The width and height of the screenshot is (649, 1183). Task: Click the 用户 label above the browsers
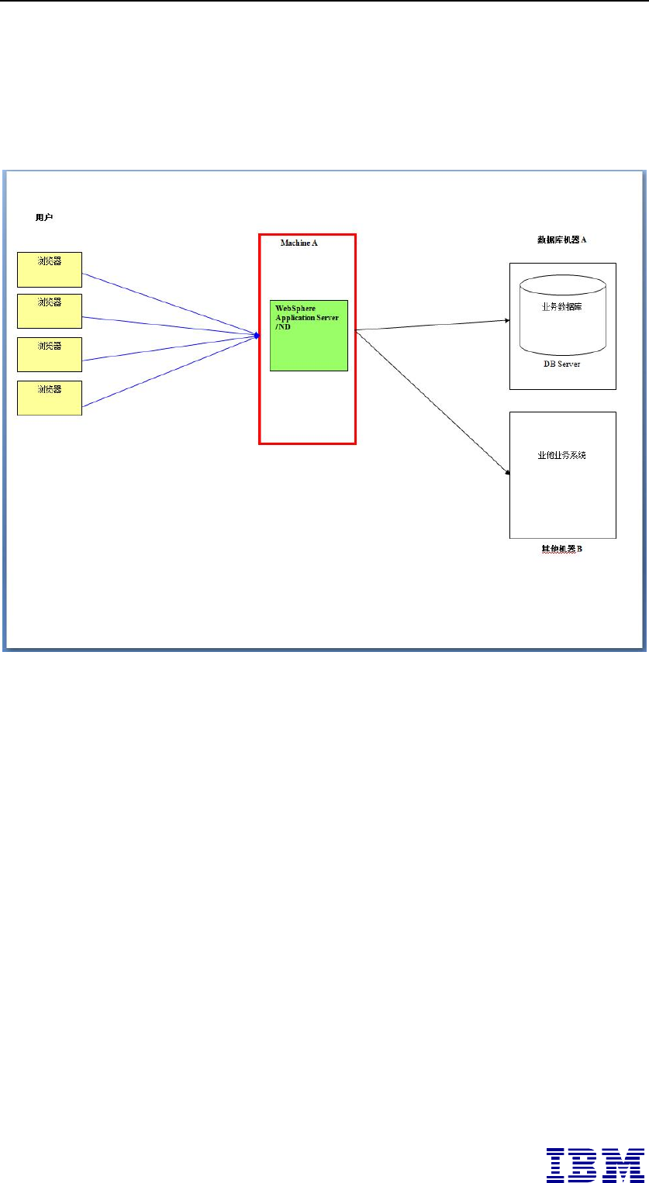point(43,217)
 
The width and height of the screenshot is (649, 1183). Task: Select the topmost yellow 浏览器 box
point(50,269)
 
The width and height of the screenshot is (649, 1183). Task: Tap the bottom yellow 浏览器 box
point(50,398)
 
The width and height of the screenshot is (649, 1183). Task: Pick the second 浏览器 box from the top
point(50,312)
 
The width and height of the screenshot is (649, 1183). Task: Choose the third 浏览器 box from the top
point(50,354)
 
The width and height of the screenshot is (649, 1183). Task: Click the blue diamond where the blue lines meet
point(256,335)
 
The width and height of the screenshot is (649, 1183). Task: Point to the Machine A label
point(299,243)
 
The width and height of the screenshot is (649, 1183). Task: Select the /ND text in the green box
point(282,327)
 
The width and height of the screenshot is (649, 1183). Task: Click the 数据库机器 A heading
point(561,240)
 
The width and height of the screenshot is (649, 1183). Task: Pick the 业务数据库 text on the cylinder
point(561,306)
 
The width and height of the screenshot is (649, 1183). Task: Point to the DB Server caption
point(561,363)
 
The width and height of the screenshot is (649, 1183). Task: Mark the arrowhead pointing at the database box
point(506,319)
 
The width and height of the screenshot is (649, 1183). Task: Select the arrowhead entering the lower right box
point(506,471)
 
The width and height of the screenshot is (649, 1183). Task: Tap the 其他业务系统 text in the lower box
point(561,455)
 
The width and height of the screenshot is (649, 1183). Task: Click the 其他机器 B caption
point(561,549)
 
